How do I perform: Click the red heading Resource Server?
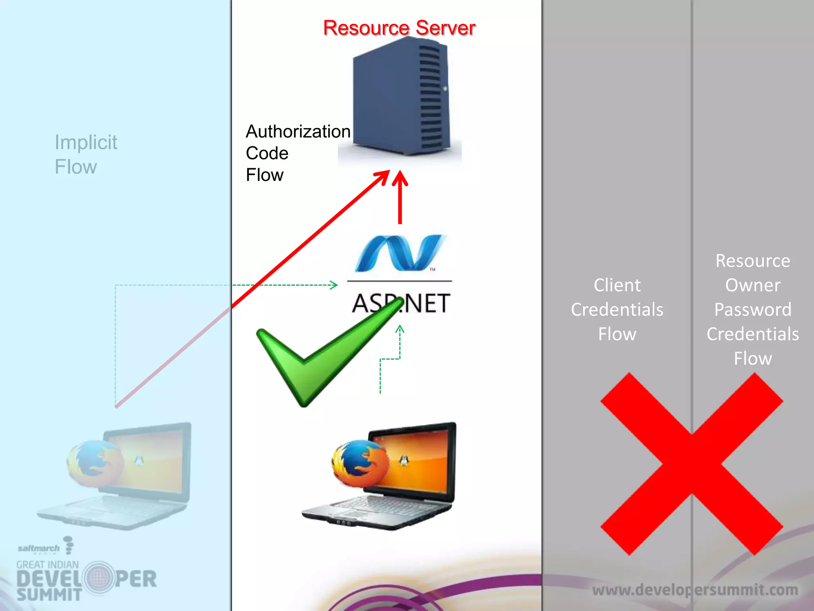click(x=399, y=28)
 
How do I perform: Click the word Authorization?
click(x=298, y=132)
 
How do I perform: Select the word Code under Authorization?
click(x=267, y=153)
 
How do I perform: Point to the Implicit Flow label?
click(x=85, y=154)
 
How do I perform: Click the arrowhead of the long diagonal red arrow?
click(x=384, y=175)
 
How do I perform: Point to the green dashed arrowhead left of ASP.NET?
click(x=334, y=285)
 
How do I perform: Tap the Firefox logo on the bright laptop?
click(x=360, y=463)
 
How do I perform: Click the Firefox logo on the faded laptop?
click(x=95, y=463)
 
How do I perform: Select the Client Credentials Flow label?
click(x=617, y=309)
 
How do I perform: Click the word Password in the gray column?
click(x=753, y=309)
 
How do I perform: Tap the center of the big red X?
click(x=692, y=464)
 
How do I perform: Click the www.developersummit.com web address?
click(x=695, y=590)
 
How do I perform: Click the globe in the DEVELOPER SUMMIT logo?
click(x=98, y=578)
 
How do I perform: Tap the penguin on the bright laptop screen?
click(x=404, y=461)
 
